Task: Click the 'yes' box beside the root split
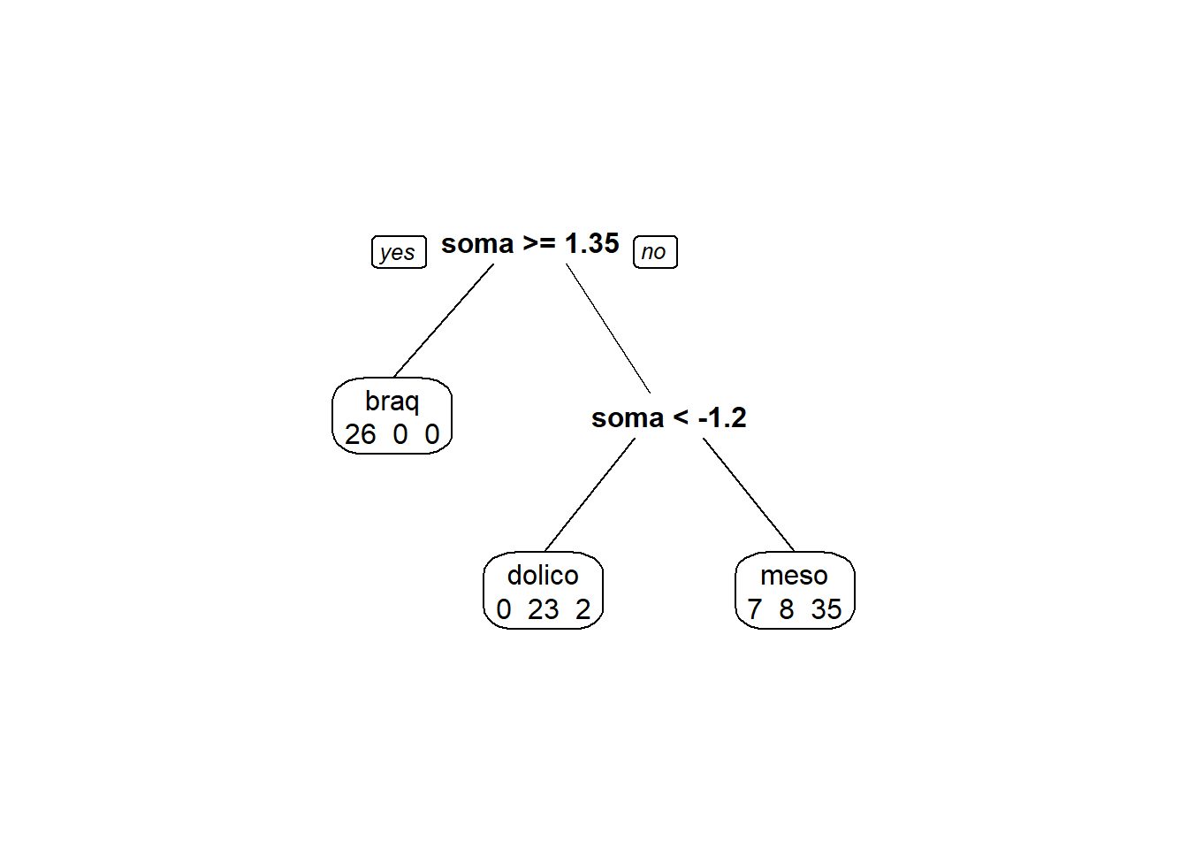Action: pyautogui.click(x=399, y=252)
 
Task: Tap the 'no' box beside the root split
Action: pyautogui.click(x=656, y=252)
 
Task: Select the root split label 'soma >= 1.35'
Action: pyautogui.click(x=530, y=243)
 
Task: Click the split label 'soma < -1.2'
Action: pyautogui.click(x=669, y=417)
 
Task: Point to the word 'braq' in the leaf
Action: pyautogui.click(x=392, y=402)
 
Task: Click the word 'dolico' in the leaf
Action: pyautogui.click(x=543, y=576)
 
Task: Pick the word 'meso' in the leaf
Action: pyautogui.click(x=794, y=576)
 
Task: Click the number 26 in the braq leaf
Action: pyautogui.click(x=360, y=434)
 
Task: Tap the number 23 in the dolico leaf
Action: pyautogui.click(x=543, y=609)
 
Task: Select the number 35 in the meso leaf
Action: pyautogui.click(x=826, y=609)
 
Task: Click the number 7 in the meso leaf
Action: pyautogui.click(x=755, y=609)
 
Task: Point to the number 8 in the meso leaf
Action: pyautogui.click(x=787, y=609)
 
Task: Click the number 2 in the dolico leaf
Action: pyautogui.click(x=583, y=609)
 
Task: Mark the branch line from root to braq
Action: pyautogui.click(x=444, y=320)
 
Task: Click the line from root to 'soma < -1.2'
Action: pyautogui.click(x=608, y=328)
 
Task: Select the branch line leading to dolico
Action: pyautogui.click(x=590, y=494)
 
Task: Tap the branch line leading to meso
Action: pyautogui.click(x=749, y=494)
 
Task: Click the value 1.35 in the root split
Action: pyautogui.click(x=592, y=243)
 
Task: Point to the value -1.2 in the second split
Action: pyautogui.click(x=722, y=417)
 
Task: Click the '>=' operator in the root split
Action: pyautogui.click(x=539, y=243)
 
